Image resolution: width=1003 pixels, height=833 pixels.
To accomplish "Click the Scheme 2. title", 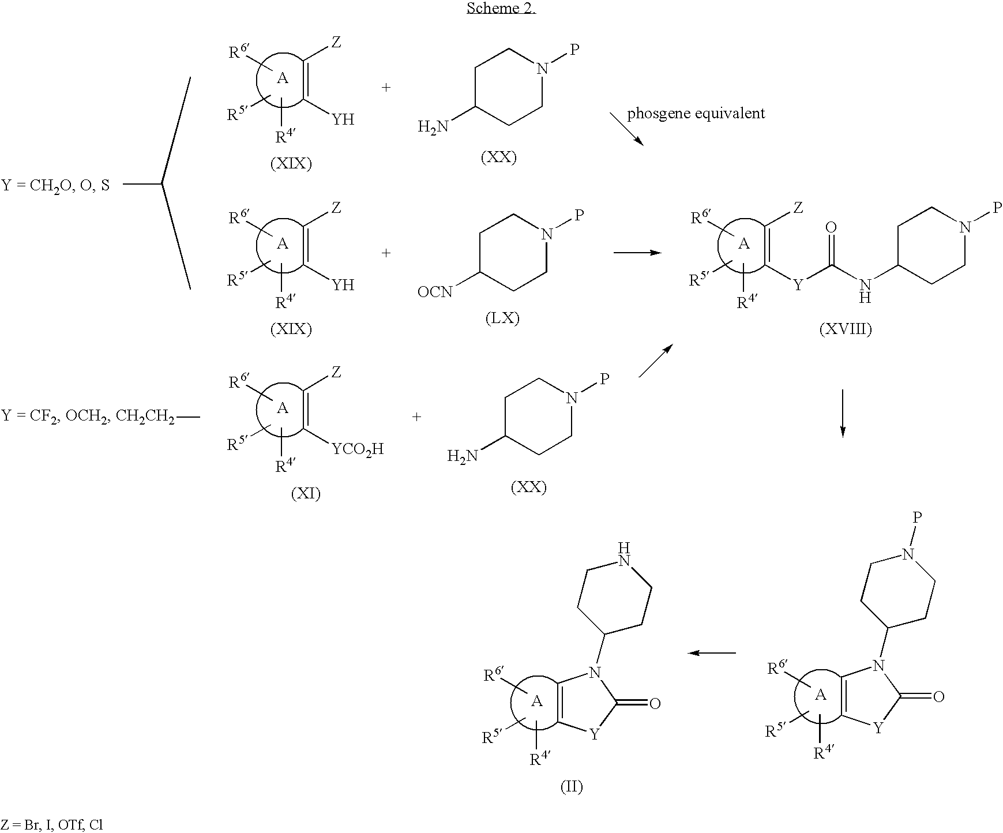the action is (x=501, y=9).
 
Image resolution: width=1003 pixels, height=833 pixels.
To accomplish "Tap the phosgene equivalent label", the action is (x=696, y=113).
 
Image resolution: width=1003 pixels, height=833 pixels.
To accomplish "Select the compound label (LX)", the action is (x=502, y=318).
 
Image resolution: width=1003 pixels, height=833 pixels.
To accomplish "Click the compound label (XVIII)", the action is (x=845, y=329).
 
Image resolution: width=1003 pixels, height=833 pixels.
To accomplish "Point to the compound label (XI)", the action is (x=306, y=493).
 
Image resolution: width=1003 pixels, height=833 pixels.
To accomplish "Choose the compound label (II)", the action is (x=572, y=786).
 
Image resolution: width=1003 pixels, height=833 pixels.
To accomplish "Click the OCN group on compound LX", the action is (x=435, y=292).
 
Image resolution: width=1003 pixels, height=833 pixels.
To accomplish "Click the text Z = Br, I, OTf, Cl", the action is (x=53, y=824).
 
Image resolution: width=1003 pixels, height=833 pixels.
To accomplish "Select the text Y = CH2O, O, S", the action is (x=55, y=186).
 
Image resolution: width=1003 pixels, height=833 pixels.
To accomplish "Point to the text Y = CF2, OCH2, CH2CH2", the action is (x=88, y=416).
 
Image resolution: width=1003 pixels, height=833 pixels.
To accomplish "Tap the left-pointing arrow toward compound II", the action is (x=712, y=653).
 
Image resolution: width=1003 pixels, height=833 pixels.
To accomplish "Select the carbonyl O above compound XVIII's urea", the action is (x=831, y=227).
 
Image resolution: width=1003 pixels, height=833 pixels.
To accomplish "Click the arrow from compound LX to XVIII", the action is (x=637, y=253).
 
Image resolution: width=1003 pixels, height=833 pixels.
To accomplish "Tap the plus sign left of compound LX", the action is (x=386, y=253).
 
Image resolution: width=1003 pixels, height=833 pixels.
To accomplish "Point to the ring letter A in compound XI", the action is (x=283, y=408).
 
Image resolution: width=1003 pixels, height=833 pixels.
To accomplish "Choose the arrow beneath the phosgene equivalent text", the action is (x=627, y=129).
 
